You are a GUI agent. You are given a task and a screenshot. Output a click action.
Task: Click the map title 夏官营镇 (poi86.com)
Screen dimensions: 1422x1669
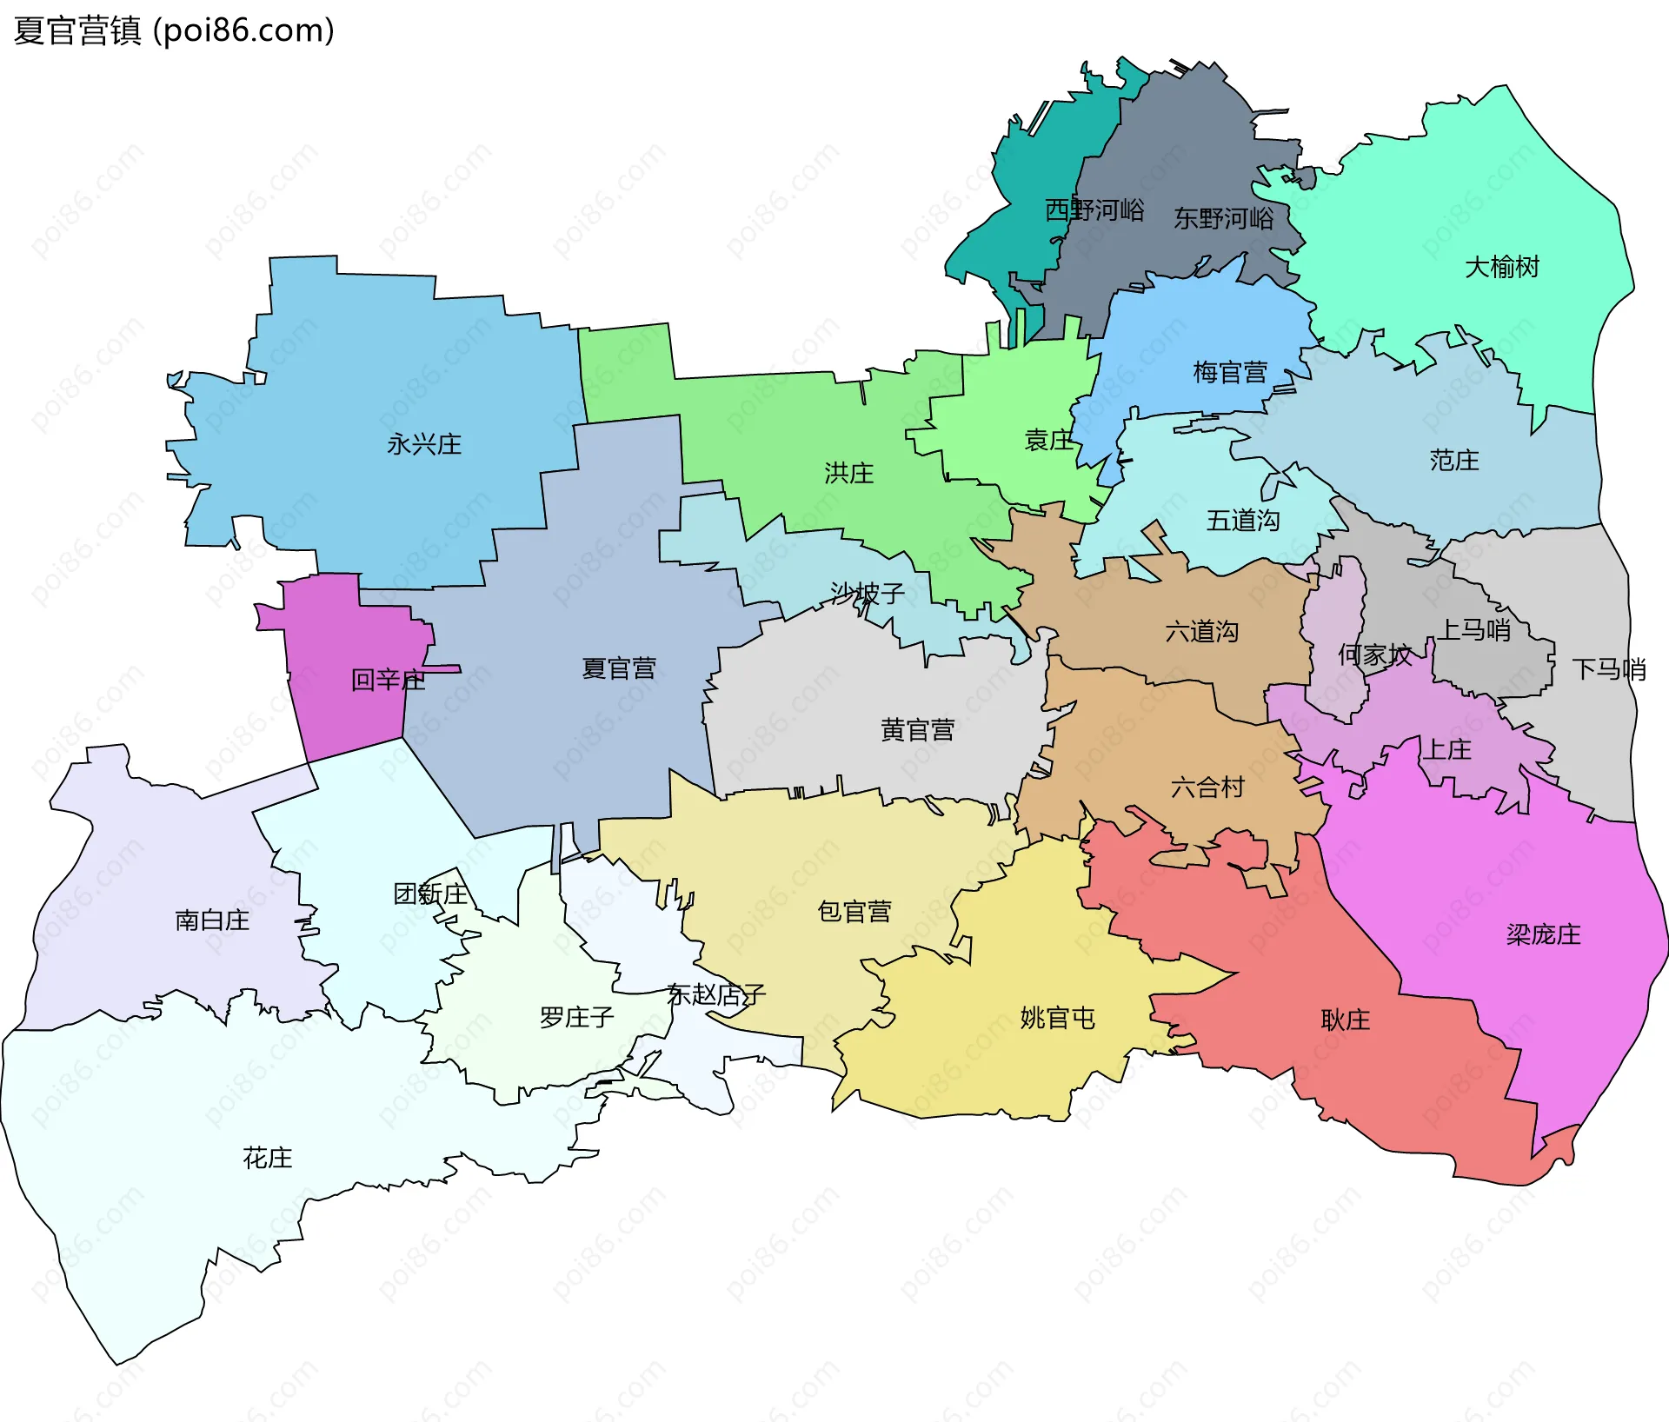coord(174,31)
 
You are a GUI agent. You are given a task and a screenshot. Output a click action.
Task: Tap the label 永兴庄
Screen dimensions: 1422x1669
coord(423,444)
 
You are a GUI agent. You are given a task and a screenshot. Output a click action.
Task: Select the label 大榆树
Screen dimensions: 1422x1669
coord(1501,267)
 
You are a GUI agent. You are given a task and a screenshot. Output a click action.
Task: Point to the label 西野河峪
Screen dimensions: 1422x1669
coord(1094,209)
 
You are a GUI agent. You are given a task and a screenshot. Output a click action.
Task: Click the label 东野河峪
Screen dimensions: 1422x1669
coord(1223,218)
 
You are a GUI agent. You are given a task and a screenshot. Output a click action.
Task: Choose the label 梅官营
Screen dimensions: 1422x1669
coord(1229,373)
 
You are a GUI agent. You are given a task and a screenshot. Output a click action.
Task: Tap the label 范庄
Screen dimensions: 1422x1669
coord(1453,460)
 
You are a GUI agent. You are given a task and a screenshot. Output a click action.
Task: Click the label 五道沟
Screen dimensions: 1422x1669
coord(1242,521)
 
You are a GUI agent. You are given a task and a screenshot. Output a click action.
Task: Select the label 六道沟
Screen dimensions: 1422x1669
coord(1201,631)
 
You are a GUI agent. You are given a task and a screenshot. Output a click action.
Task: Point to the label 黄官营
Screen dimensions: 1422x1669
coord(917,729)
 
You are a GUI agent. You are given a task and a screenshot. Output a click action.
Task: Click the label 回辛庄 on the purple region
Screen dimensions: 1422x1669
coord(387,680)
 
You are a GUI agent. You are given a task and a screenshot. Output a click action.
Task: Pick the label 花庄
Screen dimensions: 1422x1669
coord(267,1158)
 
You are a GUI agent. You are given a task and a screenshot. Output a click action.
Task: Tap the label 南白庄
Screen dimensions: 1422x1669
coord(211,920)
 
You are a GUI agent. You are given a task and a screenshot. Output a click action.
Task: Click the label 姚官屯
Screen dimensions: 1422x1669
coord(1056,1017)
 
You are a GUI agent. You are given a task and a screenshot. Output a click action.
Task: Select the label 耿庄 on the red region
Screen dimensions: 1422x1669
coord(1345,1020)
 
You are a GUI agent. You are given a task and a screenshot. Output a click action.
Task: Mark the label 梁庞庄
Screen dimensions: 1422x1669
coord(1543,934)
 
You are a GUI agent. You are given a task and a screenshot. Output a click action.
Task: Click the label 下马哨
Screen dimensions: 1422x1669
coord(1608,669)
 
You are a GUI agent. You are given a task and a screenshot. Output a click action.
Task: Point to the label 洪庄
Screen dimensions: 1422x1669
coord(848,473)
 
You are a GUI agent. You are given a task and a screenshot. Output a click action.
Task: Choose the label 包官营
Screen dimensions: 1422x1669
coord(854,911)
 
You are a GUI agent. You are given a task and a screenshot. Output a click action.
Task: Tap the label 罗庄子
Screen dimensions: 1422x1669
coord(575,1017)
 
